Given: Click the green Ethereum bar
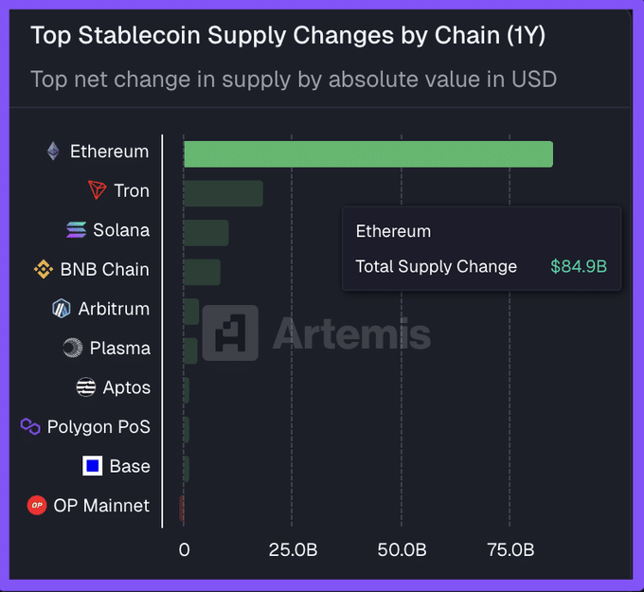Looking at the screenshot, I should pos(367,154).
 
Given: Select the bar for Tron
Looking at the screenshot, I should pos(224,193).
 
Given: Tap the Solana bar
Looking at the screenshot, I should pos(206,233).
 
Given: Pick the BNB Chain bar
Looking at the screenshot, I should pos(202,272).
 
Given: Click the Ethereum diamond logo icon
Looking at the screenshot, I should pos(53,152).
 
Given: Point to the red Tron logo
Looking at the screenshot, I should pos(97,190).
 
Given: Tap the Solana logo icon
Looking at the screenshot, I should pos(77,230).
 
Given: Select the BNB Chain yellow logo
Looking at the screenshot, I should pos(44,270).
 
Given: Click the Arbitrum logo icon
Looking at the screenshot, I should pos(62,309).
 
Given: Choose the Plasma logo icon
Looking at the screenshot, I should pos(73,349).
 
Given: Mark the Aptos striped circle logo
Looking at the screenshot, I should pos(86,387).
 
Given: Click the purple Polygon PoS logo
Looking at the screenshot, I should pos(30,427).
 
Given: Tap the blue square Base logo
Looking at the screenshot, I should pos(93,466).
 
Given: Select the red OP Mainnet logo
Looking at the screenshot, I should pos(37,506).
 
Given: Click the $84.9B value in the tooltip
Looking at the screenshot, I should pos(578,267).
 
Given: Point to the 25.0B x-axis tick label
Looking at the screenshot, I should pos(292,550).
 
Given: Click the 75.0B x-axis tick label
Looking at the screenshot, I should pos(510,550).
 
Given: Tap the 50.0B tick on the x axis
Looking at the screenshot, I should pos(401,550).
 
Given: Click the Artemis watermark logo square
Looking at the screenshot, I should pos(230,333).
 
